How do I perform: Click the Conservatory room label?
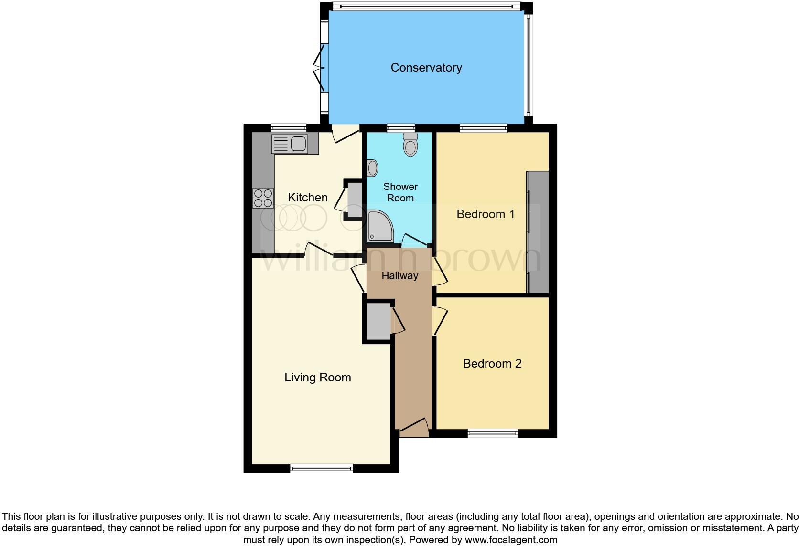click(x=426, y=68)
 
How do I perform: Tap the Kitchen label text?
click(x=308, y=197)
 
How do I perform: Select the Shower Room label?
click(x=400, y=192)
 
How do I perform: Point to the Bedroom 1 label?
click(x=486, y=214)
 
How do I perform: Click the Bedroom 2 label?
click(x=492, y=363)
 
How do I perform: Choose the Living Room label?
click(x=318, y=377)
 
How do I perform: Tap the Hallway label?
click(x=400, y=275)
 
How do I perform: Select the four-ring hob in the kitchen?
click(x=263, y=198)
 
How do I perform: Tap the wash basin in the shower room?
click(x=372, y=168)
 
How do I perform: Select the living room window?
click(x=322, y=469)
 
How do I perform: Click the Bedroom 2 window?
click(x=492, y=433)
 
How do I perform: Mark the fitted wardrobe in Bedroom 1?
click(x=538, y=232)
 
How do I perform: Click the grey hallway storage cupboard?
click(x=378, y=321)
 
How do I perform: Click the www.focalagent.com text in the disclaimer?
click(x=510, y=540)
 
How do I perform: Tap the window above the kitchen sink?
click(x=289, y=128)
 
